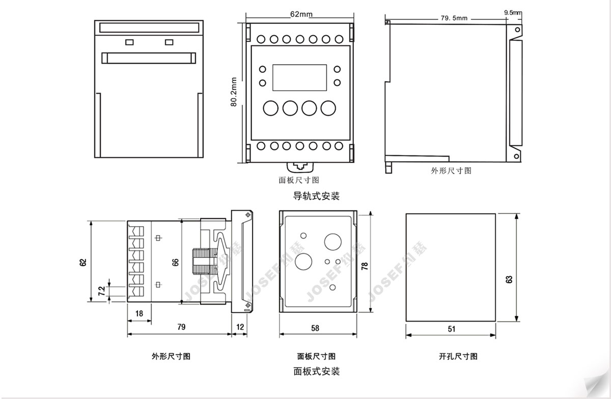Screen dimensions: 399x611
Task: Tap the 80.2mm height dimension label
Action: point(234,92)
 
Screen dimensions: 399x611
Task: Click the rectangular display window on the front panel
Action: point(300,76)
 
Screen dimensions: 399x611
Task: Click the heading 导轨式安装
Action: point(316,196)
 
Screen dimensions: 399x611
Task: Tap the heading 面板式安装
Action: point(316,371)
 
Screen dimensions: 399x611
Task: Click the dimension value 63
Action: point(510,279)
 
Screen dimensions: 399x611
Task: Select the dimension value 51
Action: point(452,329)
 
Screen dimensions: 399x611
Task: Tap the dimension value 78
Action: point(365,267)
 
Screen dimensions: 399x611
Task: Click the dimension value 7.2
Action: point(101,291)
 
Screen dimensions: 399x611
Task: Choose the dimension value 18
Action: point(139,313)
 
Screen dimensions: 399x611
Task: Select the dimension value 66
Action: point(176,262)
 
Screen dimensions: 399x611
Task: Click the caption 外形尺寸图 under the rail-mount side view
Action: point(451,171)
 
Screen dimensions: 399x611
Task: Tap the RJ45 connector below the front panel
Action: point(300,166)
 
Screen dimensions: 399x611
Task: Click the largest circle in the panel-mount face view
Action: point(333,242)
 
